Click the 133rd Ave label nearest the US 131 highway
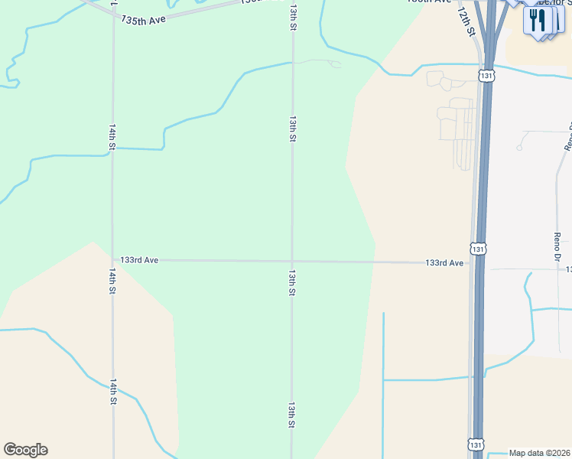click(x=444, y=263)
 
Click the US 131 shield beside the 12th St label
click(x=487, y=75)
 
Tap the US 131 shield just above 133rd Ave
click(x=478, y=249)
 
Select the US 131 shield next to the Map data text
click(x=475, y=444)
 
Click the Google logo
click(x=25, y=450)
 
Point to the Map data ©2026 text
click(x=539, y=453)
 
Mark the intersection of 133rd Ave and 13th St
click(x=291, y=261)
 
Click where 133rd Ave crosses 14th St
click(x=112, y=259)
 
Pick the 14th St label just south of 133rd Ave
click(x=112, y=281)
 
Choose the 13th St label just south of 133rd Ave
click(x=291, y=282)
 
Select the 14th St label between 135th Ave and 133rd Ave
click(x=112, y=136)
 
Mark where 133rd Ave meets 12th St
click(x=470, y=263)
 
